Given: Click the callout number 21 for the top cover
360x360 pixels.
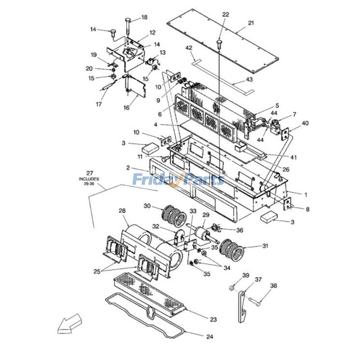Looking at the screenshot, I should [x=251, y=23].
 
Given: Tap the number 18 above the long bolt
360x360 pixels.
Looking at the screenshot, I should [x=144, y=18].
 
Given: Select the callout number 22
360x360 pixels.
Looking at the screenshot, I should [x=225, y=14].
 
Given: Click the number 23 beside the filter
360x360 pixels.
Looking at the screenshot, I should [x=213, y=319].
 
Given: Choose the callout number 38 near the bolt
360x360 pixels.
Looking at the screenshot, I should [x=274, y=286].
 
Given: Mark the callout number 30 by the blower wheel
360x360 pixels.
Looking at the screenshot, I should [x=147, y=206].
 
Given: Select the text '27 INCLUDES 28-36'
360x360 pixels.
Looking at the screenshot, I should [x=90, y=178].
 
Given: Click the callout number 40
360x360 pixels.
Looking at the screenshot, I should [x=306, y=123].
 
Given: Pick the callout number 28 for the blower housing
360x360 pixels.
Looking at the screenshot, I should [x=122, y=211].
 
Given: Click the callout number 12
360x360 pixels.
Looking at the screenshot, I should [x=153, y=32].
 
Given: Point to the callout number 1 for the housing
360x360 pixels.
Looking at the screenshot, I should [x=306, y=195].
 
